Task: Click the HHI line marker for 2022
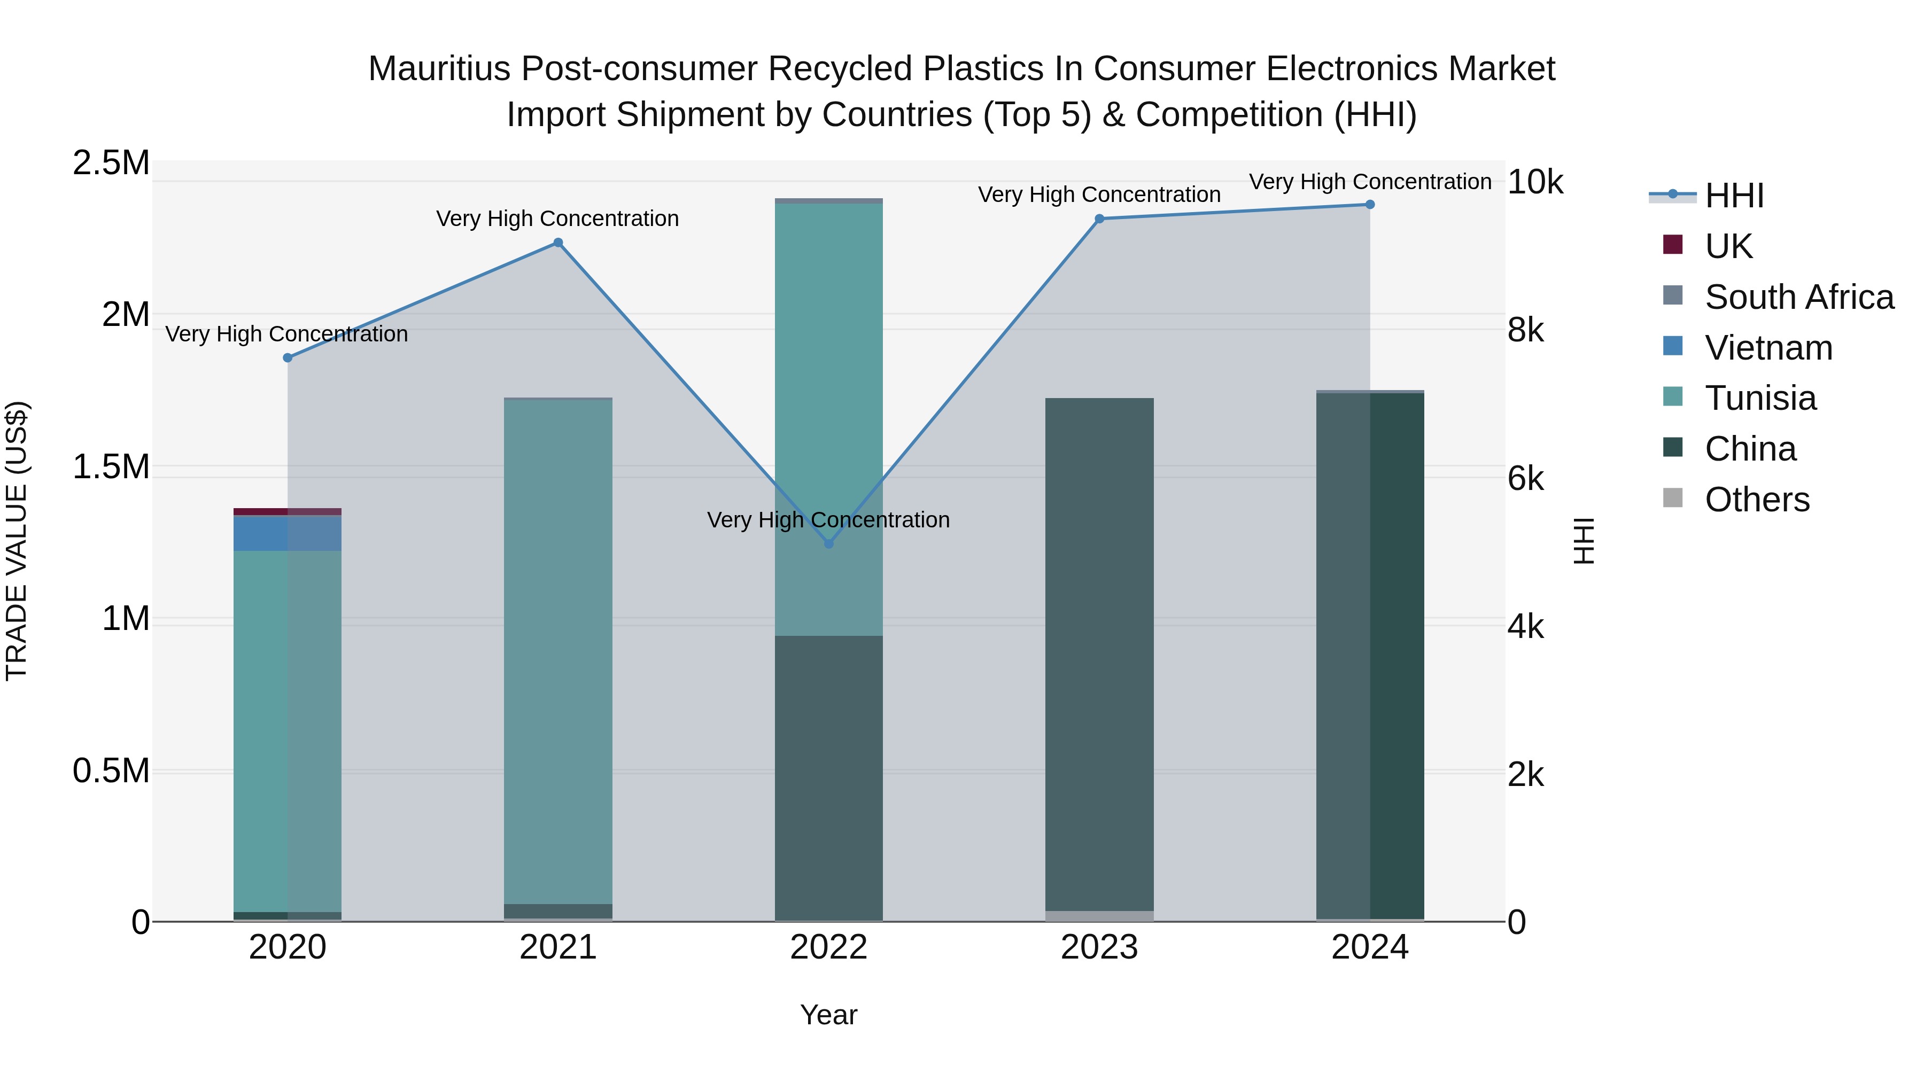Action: tap(828, 543)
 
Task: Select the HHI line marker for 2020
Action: tap(288, 357)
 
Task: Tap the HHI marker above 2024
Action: tap(1370, 205)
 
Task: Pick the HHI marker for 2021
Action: tap(558, 243)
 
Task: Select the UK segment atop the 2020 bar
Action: tap(288, 511)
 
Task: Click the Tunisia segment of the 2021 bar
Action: tap(558, 650)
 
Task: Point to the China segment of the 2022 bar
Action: tap(828, 776)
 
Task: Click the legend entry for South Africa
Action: tap(1798, 297)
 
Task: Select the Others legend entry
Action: tap(1757, 500)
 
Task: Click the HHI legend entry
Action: tap(1734, 196)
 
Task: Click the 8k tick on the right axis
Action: tap(1524, 330)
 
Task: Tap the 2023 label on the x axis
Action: tap(1099, 947)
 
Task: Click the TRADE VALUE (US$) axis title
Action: tap(17, 541)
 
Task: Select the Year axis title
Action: tap(828, 1015)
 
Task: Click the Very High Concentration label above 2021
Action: tap(558, 219)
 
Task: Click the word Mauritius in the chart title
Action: tap(439, 69)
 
